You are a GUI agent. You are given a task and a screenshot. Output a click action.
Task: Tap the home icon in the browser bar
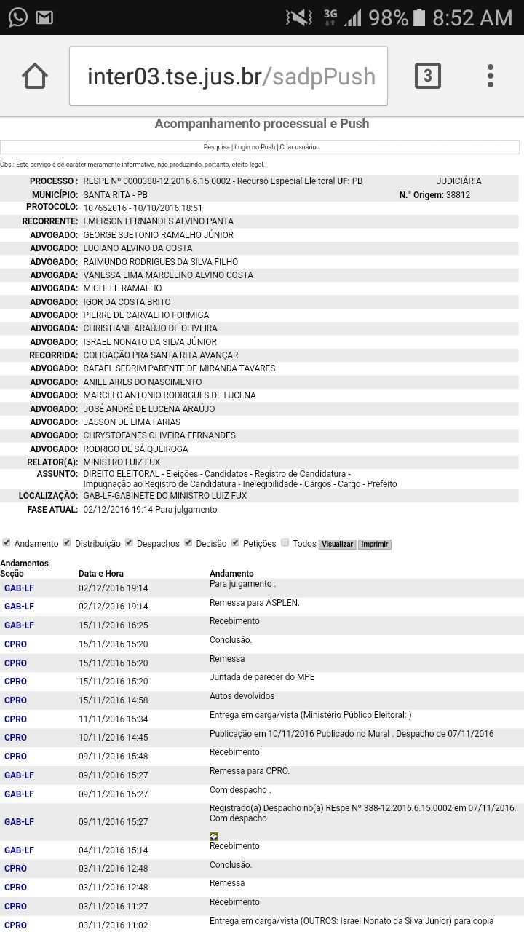pyautogui.click(x=35, y=76)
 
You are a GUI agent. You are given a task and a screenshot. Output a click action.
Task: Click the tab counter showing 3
pyautogui.click(x=427, y=76)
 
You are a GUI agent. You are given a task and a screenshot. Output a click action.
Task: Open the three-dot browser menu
pyautogui.click(x=491, y=76)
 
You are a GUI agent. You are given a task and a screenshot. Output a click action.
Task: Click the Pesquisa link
pyautogui.click(x=216, y=147)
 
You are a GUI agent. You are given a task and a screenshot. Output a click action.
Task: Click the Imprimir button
pyautogui.click(x=375, y=545)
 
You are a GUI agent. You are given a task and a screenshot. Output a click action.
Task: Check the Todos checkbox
pyautogui.click(x=285, y=542)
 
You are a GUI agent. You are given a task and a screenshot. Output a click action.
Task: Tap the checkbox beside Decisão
pyautogui.click(x=188, y=542)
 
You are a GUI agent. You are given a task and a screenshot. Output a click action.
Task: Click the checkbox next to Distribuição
pyautogui.click(x=67, y=542)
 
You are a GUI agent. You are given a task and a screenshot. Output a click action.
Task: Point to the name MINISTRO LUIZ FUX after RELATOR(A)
pyautogui.click(x=122, y=462)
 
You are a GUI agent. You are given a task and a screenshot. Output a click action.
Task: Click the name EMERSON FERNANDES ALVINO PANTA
pyautogui.click(x=159, y=221)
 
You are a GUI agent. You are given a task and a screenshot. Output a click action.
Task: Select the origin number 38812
pyautogui.click(x=458, y=195)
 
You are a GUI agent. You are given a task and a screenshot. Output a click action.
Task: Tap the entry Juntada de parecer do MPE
pyautogui.click(x=262, y=677)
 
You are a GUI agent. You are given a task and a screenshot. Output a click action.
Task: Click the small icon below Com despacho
pyautogui.click(x=214, y=837)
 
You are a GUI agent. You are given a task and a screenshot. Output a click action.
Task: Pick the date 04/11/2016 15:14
pyautogui.click(x=113, y=850)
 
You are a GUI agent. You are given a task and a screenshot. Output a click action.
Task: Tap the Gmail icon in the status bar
pyautogui.click(x=44, y=17)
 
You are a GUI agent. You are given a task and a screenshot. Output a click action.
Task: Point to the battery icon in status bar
pyautogui.click(x=419, y=17)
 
